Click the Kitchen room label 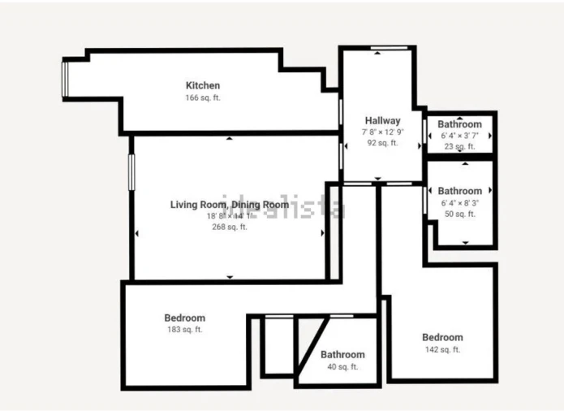[x=203, y=85]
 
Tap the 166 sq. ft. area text [x=203, y=97]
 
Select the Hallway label [x=382, y=121]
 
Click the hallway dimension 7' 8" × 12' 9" [x=382, y=132]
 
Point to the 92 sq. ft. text [x=382, y=143]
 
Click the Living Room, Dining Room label [x=230, y=205]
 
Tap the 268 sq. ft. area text [x=230, y=227]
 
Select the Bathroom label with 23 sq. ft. [x=460, y=124]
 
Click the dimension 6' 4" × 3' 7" [x=460, y=136]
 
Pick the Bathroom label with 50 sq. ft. [x=460, y=191]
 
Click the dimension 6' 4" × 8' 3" [x=460, y=202]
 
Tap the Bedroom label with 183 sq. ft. [x=185, y=318]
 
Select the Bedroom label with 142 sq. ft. [x=442, y=337]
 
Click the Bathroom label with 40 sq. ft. [x=342, y=355]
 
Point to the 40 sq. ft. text [x=342, y=367]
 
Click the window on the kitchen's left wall [x=67, y=80]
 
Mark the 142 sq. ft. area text [x=442, y=349]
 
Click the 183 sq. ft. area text [x=185, y=330]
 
